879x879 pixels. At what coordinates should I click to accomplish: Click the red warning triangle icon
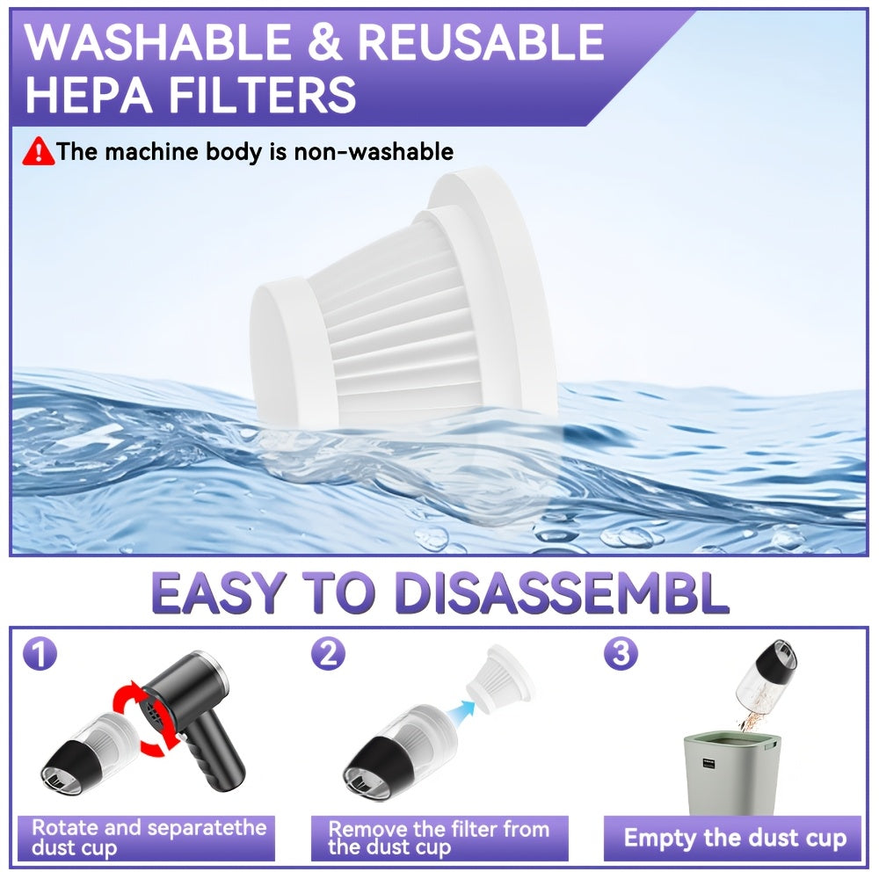pos(38,151)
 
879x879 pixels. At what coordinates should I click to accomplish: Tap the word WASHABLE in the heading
pos(157,42)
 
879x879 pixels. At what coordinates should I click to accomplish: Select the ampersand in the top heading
pos(324,42)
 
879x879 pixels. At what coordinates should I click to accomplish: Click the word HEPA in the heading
pos(89,94)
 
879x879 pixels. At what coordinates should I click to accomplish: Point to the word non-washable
pos(374,152)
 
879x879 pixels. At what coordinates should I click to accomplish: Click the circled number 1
pos(40,653)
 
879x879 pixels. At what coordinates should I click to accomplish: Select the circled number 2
pos(329,654)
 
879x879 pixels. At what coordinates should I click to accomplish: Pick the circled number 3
pos(621,654)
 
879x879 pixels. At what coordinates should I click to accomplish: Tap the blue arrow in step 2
pos(461,708)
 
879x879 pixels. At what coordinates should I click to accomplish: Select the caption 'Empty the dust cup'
pos(735,838)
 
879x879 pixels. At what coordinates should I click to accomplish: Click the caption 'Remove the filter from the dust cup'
pos(439,838)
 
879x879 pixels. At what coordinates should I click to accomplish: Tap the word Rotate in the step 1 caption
pos(66,827)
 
